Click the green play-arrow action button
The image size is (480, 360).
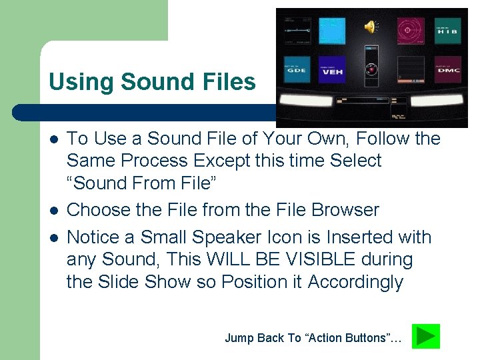pyautogui.click(x=426, y=337)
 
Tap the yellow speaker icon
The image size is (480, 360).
pyautogui.click(x=370, y=27)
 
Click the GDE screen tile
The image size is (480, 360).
pyautogui.click(x=297, y=70)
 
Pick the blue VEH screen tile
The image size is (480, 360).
pyautogui.click(x=331, y=70)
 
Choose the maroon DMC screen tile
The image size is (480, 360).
pyautogui.click(x=447, y=70)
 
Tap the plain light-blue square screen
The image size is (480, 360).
pyautogui.click(x=331, y=30)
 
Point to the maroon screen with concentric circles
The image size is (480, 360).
pyautogui.click(x=411, y=30)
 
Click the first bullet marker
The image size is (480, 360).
pyautogui.click(x=53, y=139)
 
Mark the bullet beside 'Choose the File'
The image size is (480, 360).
pyautogui.click(x=53, y=211)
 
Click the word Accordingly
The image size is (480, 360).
pyautogui.click(x=355, y=282)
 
